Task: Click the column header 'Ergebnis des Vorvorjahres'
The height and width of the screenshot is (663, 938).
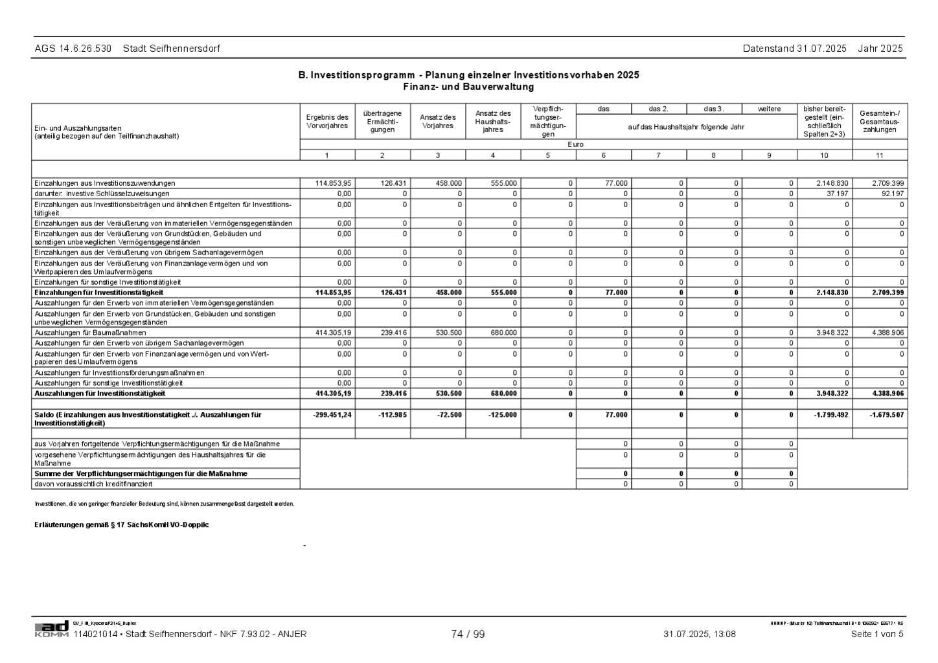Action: pyautogui.click(x=327, y=122)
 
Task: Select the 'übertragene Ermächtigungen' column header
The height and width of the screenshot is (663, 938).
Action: pyautogui.click(x=382, y=122)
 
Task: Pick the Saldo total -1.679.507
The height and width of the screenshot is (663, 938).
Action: pyautogui.click(x=887, y=415)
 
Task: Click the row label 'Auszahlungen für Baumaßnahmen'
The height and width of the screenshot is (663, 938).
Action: pyautogui.click(x=90, y=333)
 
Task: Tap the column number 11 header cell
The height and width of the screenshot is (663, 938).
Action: pyautogui.click(x=880, y=155)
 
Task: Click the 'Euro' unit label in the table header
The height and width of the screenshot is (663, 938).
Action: pyautogui.click(x=575, y=145)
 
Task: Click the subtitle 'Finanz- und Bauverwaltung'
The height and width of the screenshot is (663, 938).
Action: pyautogui.click(x=468, y=87)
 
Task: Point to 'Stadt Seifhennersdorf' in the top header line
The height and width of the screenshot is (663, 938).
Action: pyautogui.click(x=172, y=49)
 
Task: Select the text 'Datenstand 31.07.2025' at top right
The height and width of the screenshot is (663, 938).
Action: pyautogui.click(x=794, y=49)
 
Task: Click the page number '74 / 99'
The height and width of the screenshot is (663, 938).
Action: pyautogui.click(x=468, y=635)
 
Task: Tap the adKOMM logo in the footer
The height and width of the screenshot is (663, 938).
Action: pyautogui.click(x=52, y=629)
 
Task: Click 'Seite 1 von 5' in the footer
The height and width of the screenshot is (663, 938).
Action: pyautogui.click(x=877, y=635)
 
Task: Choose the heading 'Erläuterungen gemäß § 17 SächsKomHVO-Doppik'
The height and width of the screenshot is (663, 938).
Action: pyautogui.click(x=122, y=525)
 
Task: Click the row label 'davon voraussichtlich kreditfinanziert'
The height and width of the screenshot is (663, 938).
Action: pyautogui.click(x=94, y=484)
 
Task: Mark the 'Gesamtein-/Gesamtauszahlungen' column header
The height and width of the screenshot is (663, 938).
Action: pyautogui.click(x=880, y=122)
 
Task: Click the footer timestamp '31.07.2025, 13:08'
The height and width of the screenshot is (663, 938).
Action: pyautogui.click(x=700, y=635)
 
